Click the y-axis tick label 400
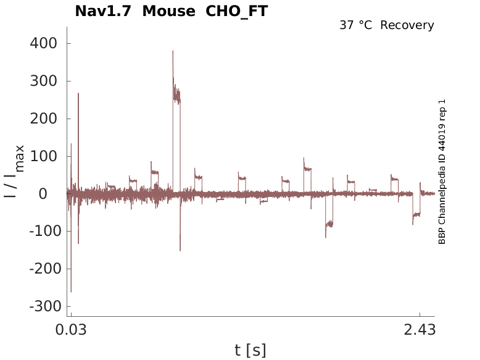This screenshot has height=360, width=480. click(43, 44)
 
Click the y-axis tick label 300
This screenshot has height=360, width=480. click(43, 82)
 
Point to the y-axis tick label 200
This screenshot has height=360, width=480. click(43, 119)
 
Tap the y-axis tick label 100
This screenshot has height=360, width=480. click(43, 157)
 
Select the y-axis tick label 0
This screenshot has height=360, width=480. click(52, 194)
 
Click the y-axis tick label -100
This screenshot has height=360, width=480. click(41, 232)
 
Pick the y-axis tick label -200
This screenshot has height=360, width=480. click(41, 269)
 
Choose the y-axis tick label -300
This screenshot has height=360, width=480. click(41, 307)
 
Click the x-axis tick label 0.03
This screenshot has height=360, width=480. click(72, 330)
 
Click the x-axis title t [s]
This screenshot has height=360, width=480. click(250, 350)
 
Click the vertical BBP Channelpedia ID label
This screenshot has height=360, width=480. click(442, 171)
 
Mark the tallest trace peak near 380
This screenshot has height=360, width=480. click(173, 51)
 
